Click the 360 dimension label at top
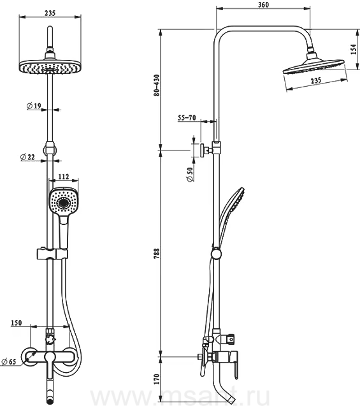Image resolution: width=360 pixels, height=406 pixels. [263, 5]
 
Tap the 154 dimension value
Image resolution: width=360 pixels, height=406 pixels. [354, 50]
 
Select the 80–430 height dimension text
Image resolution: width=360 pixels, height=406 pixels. [157, 85]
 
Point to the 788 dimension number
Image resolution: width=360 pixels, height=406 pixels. [157, 254]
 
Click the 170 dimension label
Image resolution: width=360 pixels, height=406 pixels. [157, 379]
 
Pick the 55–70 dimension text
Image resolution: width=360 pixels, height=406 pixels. [187, 118]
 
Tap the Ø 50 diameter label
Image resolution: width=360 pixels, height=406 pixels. [190, 175]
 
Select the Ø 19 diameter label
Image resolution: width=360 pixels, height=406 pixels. [34, 106]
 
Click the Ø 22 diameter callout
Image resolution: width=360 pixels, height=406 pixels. [27, 157]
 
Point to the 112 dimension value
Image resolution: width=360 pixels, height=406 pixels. [64, 177]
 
